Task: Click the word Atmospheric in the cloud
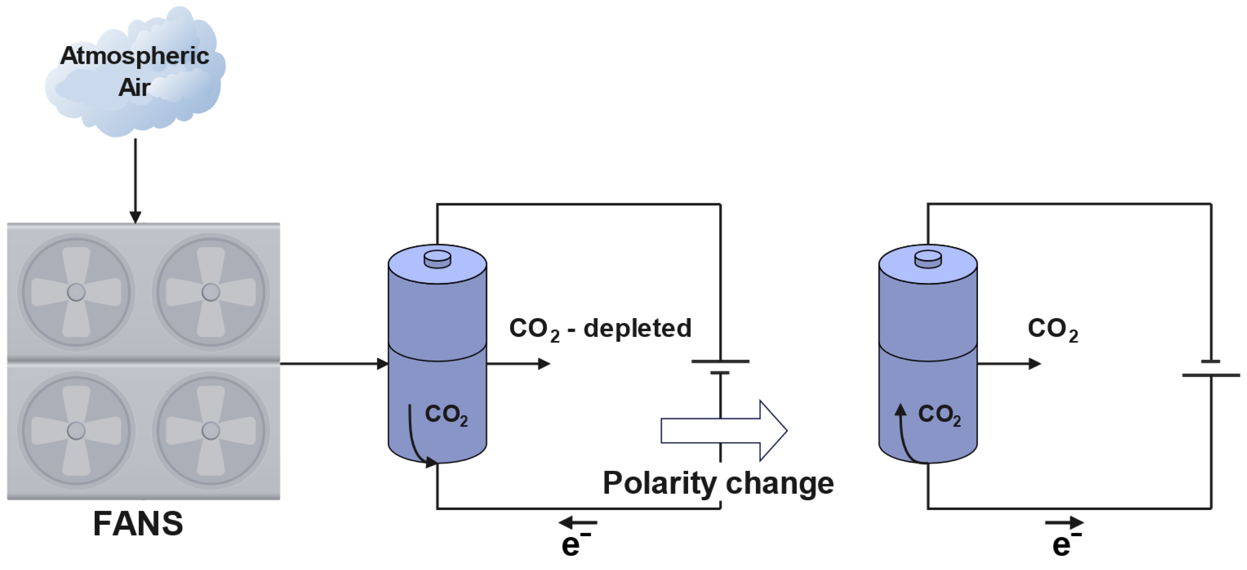[x=135, y=56]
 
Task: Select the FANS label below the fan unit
[x=138, y=524]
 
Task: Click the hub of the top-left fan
[x=76, y=292]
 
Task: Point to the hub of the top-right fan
[x=210, y=292]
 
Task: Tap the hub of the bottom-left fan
[x=76, y=430]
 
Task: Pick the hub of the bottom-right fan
[x=210, y=430]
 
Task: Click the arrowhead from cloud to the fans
[x=135, y=217]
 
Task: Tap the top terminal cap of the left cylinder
[x=437, y=259]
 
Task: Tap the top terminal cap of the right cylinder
[x=928, y=259]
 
